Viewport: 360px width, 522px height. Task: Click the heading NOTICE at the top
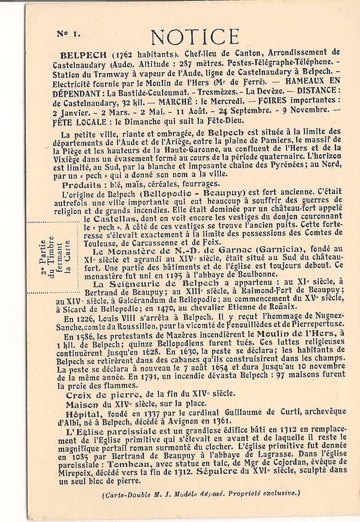pos(195,37)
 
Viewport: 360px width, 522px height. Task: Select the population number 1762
pos(98,52)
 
